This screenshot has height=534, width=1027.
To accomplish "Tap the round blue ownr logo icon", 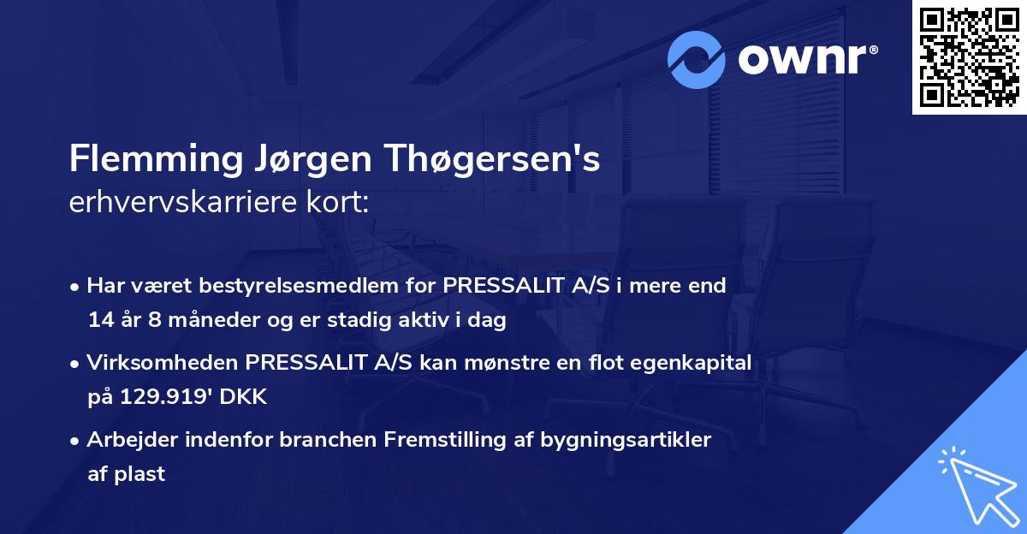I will tap(697, 59).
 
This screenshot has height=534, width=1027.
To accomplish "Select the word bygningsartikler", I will tap(623, 440).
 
